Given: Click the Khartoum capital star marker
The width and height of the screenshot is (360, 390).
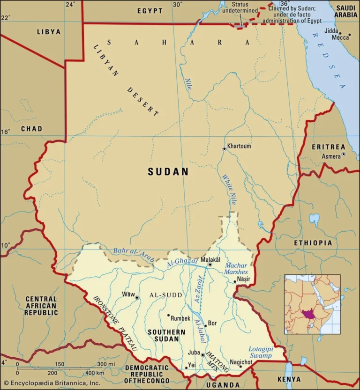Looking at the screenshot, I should click(225, 149).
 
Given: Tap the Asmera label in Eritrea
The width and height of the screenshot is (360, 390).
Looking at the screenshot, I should click(331, 156).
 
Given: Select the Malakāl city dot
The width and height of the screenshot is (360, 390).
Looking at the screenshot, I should click(210, 265).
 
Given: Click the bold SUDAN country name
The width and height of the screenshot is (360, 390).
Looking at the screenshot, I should click(168, 172).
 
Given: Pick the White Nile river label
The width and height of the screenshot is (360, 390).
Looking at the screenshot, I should click(229, 190).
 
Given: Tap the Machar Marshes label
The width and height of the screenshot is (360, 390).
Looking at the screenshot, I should click(236, 269).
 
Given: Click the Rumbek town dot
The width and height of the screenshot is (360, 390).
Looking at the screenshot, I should click(168, 316).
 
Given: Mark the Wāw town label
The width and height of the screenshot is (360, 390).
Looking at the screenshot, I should click(127, 294).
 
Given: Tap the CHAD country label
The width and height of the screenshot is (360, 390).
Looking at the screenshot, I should click(31, 129).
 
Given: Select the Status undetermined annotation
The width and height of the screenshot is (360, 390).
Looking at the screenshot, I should click(240, 7).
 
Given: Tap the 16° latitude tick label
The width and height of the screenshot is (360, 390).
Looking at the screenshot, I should click(5, 132).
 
